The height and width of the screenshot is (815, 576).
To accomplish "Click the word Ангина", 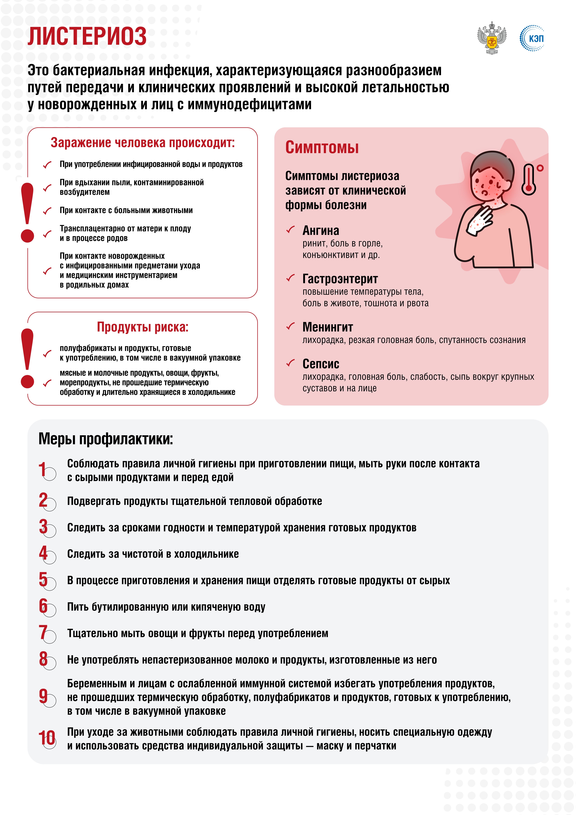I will [x=320, y=231].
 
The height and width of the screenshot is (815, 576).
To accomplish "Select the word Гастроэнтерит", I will [x=340, y=279].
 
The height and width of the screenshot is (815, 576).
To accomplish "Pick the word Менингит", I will [x=328, y=327].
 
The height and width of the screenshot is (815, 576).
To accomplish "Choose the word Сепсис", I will [x=320, y=364].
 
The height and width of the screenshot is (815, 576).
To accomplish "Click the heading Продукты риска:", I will [x=143, y=327].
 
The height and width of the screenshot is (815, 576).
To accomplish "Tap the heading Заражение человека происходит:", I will [x=143, y=143].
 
